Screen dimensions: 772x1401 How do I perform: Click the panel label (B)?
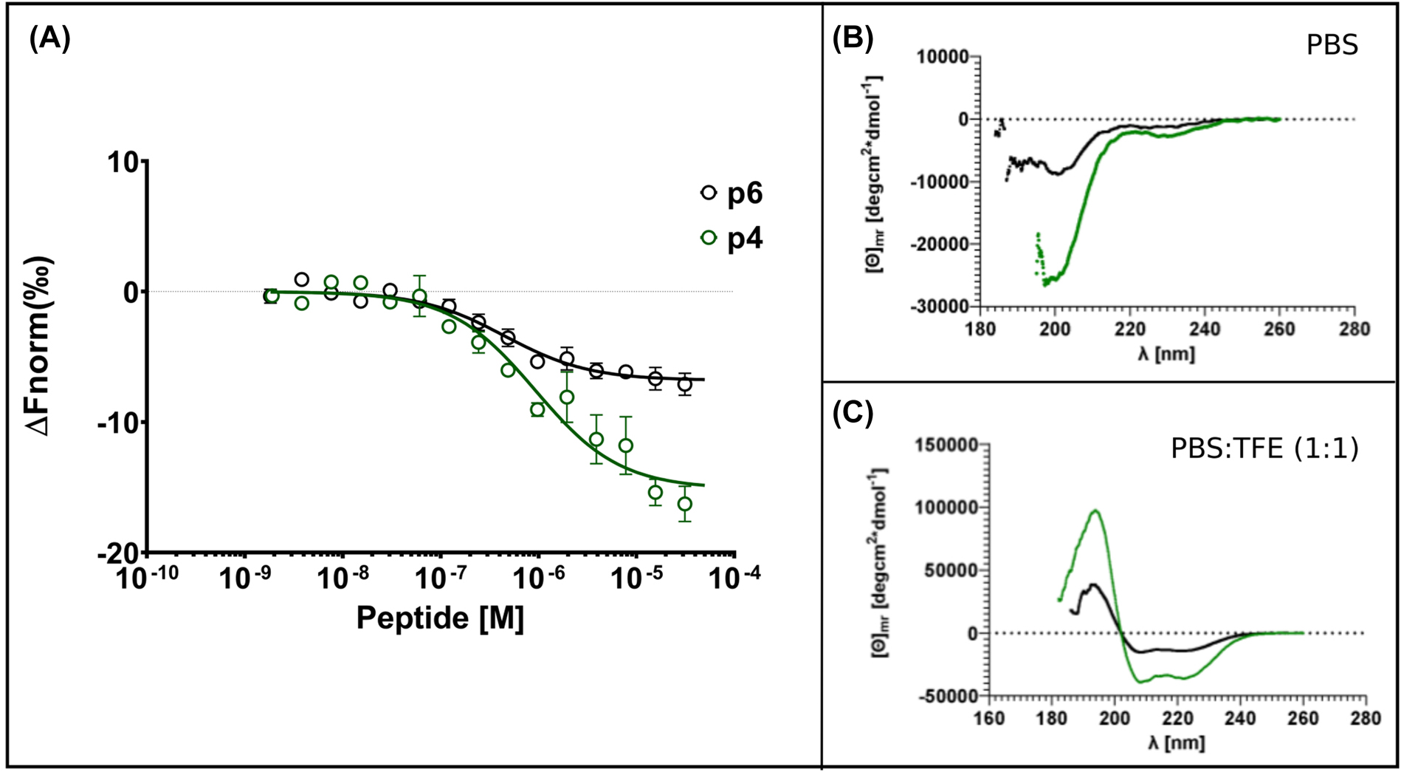853,38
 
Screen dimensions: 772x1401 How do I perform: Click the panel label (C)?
853,414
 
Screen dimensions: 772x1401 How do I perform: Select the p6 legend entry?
732,194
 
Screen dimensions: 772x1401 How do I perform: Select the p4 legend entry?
732,239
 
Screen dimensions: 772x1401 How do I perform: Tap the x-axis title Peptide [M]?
440,618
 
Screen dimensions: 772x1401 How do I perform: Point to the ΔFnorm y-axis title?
42,346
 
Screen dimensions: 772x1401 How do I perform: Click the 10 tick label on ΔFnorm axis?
123,163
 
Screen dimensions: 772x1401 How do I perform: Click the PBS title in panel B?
1332,46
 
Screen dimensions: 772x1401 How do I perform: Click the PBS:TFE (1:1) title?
1264,448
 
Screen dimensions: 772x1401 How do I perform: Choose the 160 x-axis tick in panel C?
989,718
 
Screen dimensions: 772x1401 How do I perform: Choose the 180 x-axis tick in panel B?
980,329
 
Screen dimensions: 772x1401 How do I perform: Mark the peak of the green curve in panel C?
1096,510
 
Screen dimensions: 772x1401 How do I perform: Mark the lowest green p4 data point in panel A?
684,505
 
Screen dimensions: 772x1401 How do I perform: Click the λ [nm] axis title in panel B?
1166,354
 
